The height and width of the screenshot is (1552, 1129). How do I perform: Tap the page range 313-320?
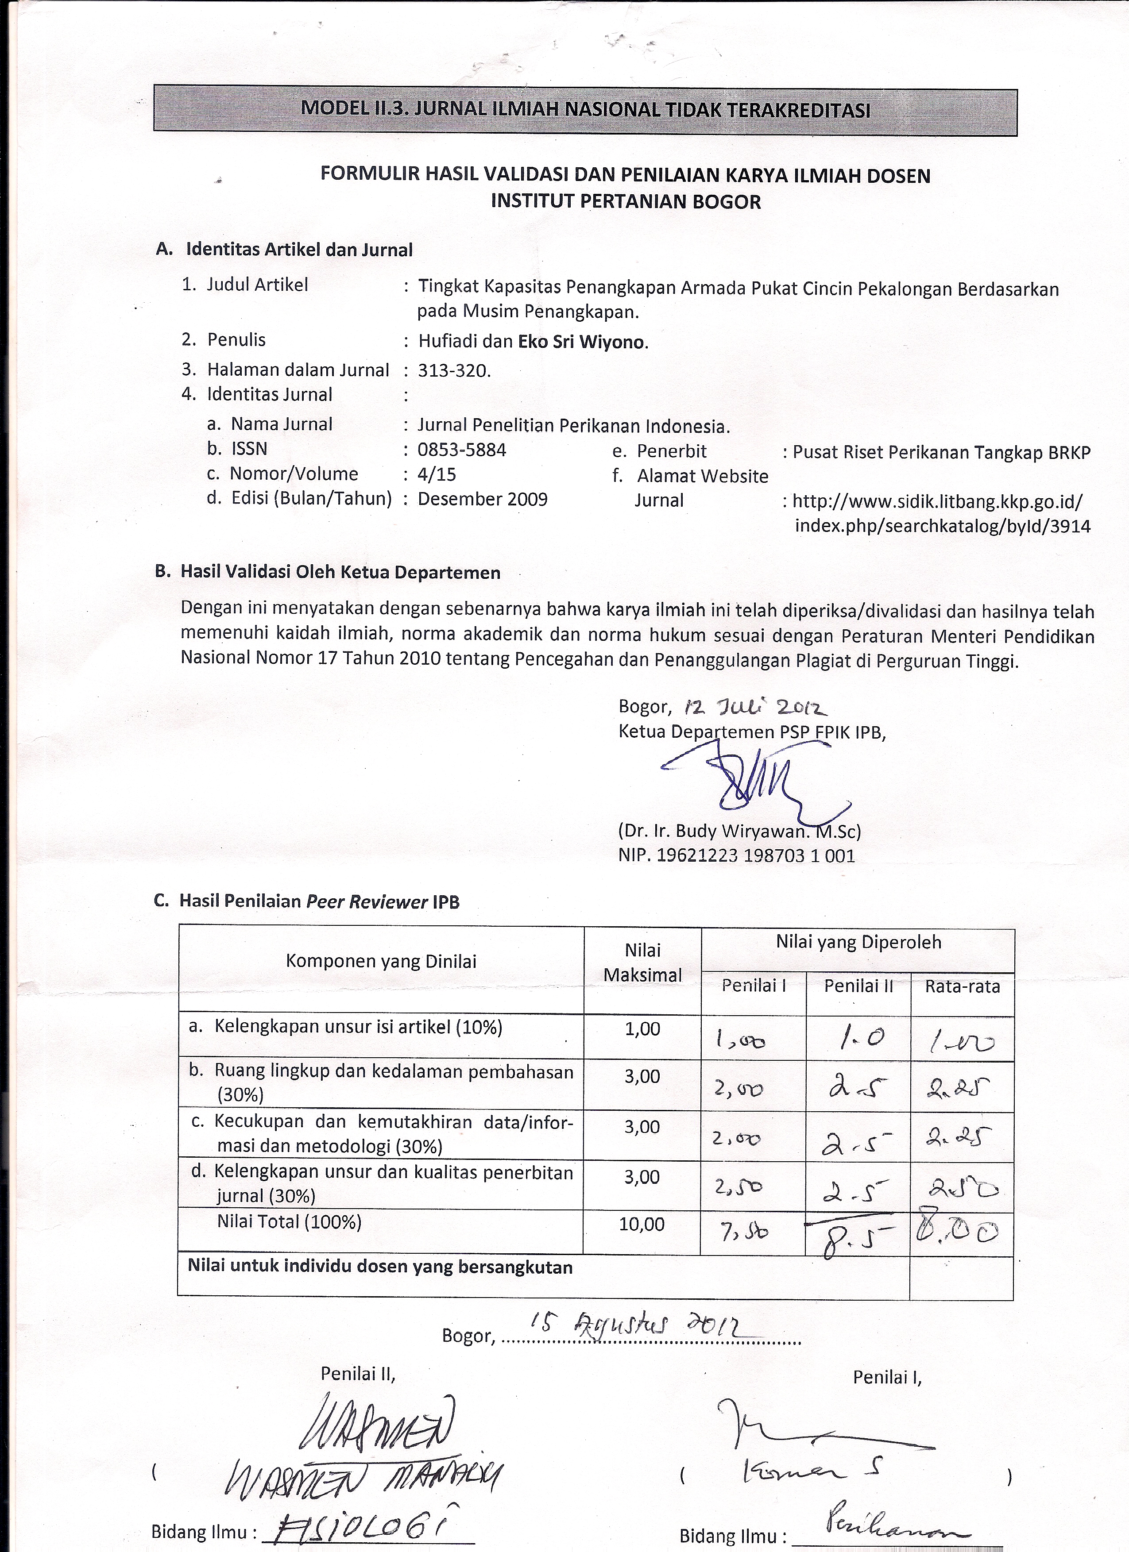click(x=454, y=371)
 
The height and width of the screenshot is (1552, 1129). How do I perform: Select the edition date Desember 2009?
click(x=482, y=499)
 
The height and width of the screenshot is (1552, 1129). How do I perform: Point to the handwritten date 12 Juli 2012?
click(x=750, y=706)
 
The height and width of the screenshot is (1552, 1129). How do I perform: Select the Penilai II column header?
click(x=858, y=986)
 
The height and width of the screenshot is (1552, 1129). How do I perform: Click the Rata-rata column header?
click(x=962, y=986)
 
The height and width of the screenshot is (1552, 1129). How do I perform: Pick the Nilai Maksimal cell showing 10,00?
click(x=642, y=1224)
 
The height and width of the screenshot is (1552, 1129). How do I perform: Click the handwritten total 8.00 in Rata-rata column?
click(x=959, y=1232)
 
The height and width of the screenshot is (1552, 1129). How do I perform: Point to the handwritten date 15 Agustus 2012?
click(x=644, y=1326)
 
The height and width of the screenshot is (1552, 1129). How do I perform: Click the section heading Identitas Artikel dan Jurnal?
click(x=299, y=250)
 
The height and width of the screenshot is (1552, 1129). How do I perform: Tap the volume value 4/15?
click(x=437, y=474)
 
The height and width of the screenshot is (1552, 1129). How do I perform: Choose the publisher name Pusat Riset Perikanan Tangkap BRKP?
click(x=941, y=452)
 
